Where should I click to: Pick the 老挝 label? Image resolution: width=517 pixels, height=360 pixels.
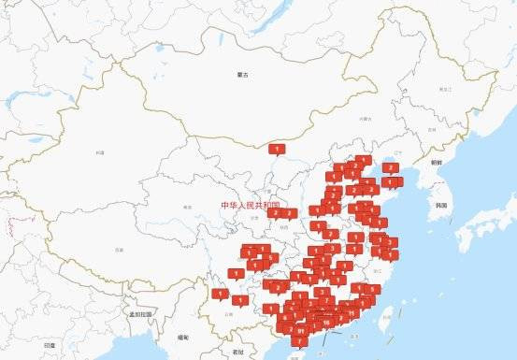(x=239, y=352)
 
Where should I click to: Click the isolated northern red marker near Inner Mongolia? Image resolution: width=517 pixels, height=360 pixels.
(x=277, y=148)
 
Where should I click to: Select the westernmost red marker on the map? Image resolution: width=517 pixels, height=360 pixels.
(x=220, y=294)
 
